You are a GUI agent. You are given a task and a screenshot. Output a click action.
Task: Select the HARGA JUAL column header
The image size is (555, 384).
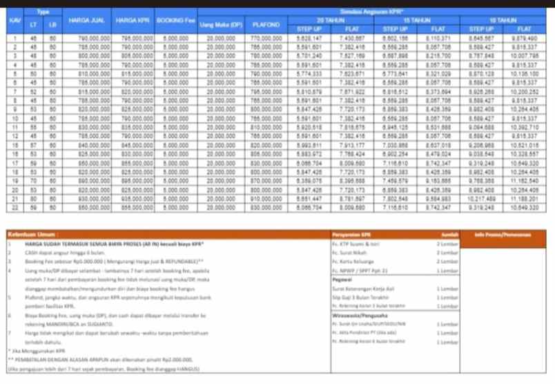(87, 21)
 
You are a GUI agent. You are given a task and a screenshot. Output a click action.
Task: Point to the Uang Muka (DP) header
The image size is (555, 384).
(219, 26)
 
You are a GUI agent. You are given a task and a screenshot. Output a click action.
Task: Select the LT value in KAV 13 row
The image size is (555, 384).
(33, 125)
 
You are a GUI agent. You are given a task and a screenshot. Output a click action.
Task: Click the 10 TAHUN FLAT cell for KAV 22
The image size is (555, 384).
(525, 207)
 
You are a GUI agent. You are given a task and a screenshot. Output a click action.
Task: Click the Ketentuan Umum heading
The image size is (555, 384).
(31, 235)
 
